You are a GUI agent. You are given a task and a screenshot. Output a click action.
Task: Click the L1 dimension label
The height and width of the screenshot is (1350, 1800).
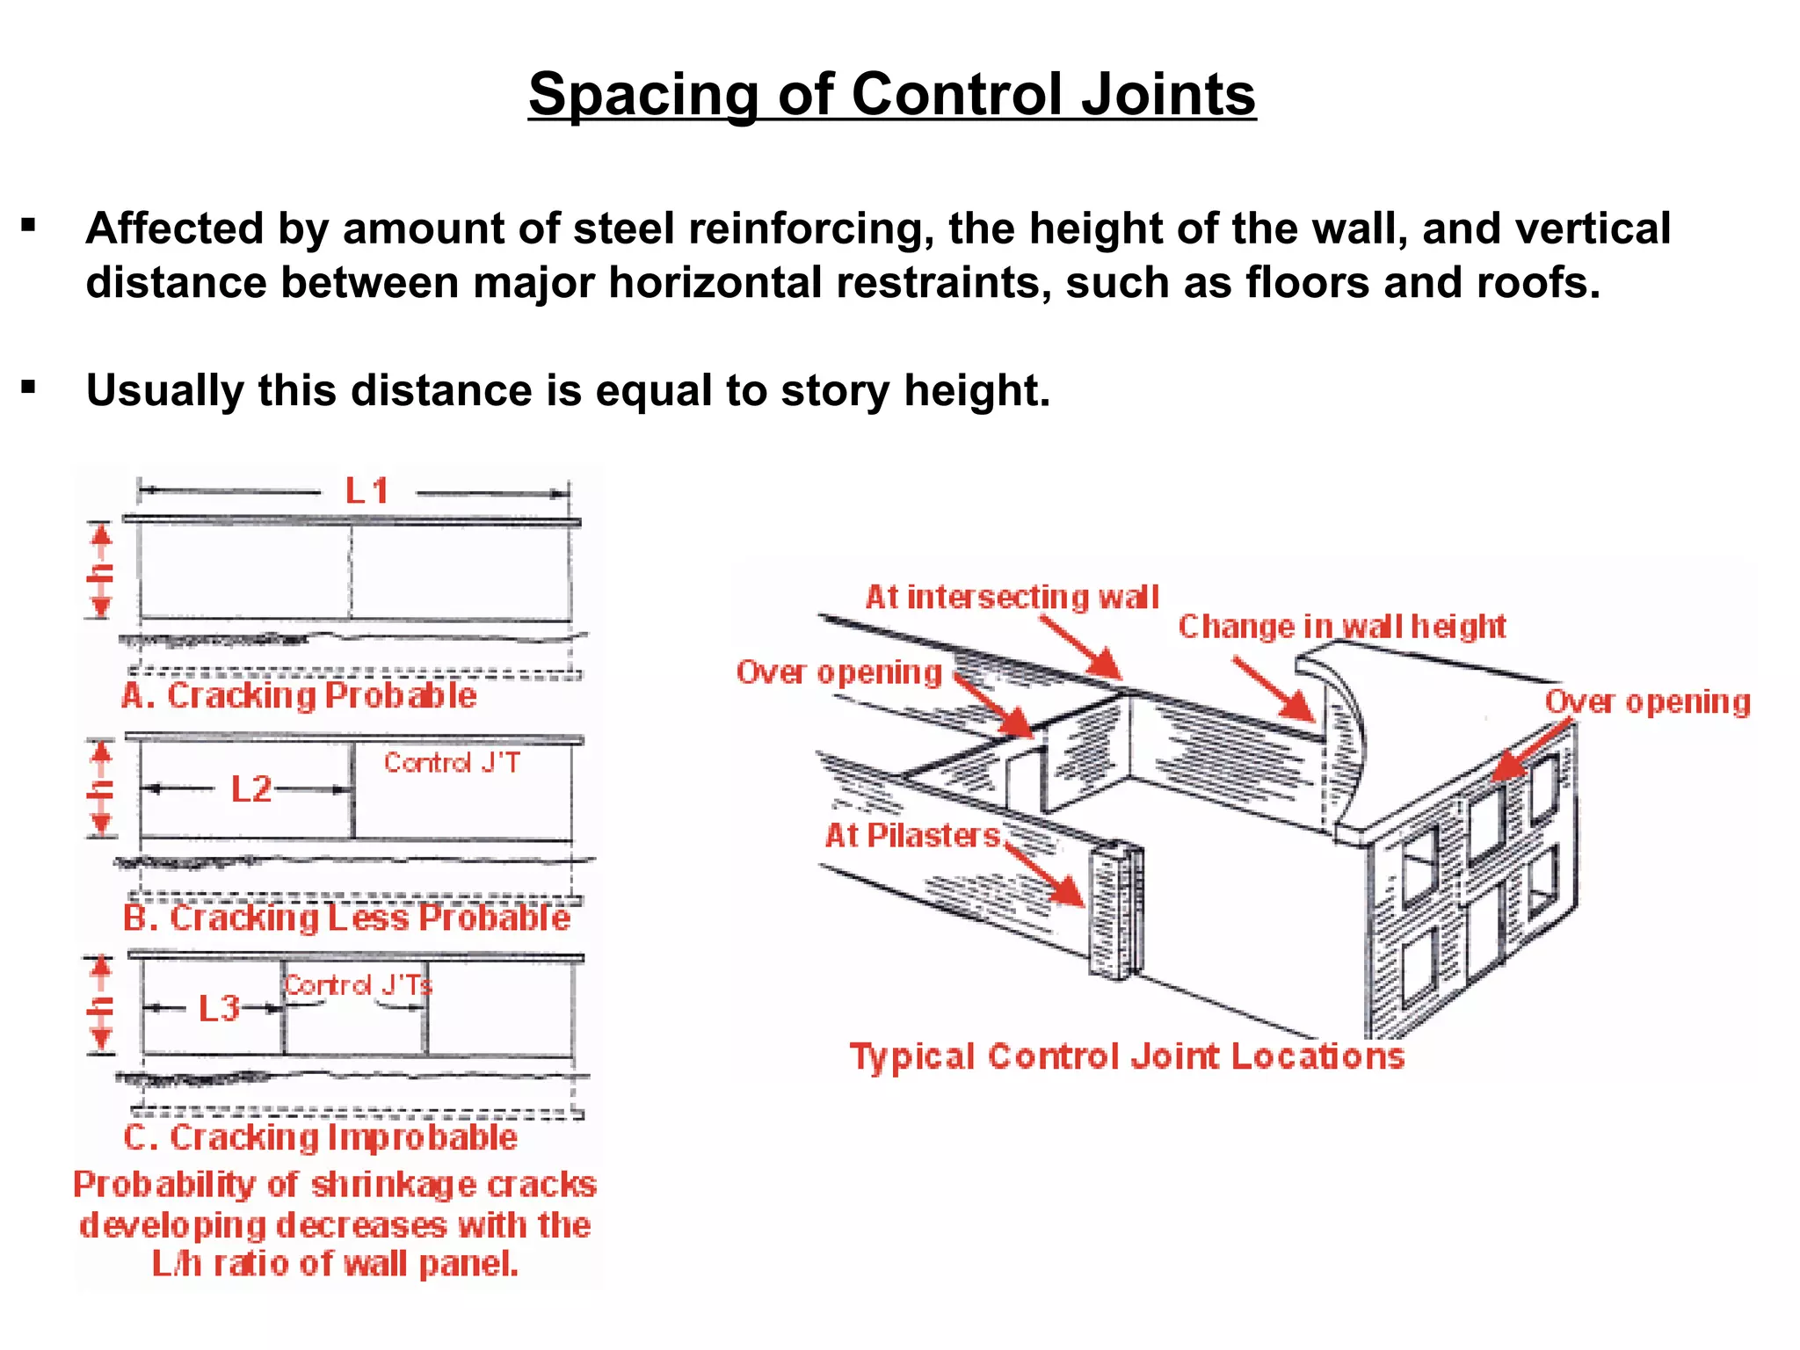coord(367,491)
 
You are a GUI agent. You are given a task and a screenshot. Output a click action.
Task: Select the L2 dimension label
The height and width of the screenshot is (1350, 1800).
coord(251,789)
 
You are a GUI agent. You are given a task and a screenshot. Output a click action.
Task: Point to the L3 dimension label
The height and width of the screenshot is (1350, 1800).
coord(219,1008)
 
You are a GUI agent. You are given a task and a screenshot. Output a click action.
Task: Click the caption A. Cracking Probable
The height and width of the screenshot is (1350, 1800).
coord(299,696)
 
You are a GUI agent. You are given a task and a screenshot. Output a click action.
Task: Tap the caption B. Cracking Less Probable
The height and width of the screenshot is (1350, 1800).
coord(346,918)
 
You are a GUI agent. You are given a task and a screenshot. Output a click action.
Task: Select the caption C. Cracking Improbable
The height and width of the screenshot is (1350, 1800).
coord(320,1137)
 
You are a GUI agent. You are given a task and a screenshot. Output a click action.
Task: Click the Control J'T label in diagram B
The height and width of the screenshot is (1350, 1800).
coord(452,763)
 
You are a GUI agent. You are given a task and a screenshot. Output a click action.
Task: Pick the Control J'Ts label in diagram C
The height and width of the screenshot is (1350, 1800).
coord(357,985)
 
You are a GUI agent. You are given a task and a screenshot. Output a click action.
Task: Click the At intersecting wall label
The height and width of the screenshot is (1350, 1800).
coord(1012,598)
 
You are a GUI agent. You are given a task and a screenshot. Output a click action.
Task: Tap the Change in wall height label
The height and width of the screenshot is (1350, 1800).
coord(1341,627)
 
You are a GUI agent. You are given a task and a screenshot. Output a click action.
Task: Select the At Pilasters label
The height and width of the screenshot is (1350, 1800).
coord(912,835)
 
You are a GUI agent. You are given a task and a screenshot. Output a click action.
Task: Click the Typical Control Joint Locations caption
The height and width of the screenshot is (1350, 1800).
coord(1127,1056)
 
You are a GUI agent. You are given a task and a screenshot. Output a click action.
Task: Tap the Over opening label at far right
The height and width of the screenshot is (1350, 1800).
coord(1647,702)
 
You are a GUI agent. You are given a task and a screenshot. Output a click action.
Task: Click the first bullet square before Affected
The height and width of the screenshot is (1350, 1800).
coord(29,227)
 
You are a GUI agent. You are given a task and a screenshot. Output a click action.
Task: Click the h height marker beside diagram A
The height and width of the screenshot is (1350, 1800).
coord(102,571)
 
